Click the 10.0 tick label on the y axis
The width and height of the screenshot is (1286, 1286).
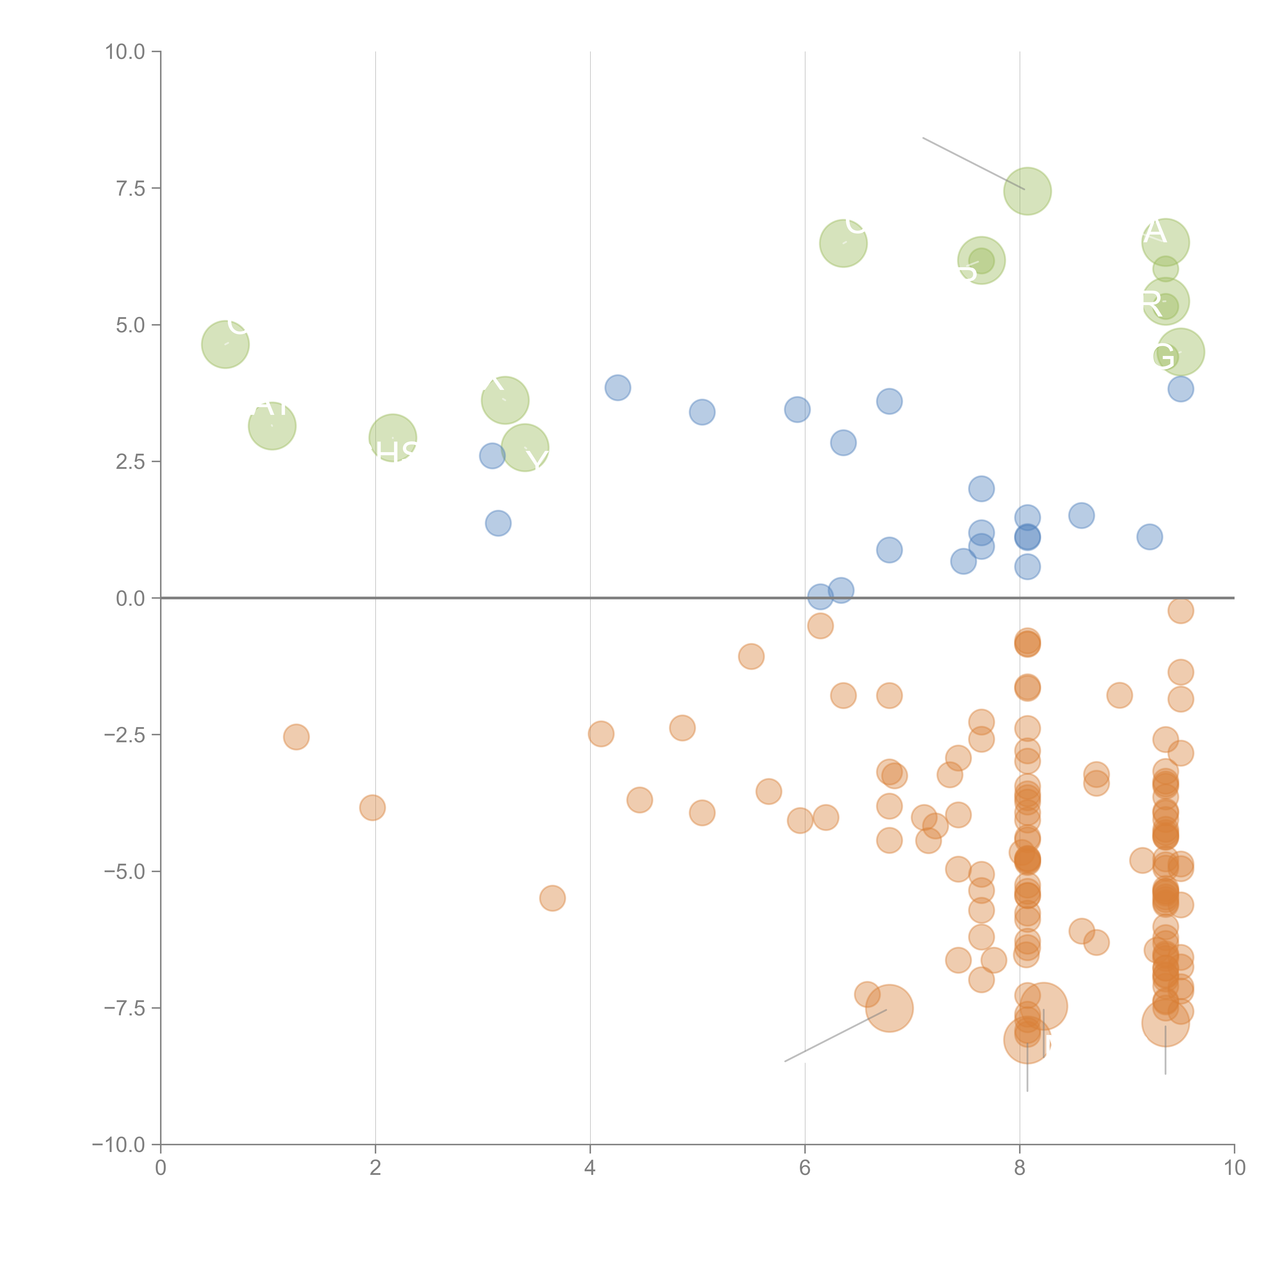125,52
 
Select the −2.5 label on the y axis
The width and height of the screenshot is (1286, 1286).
125,735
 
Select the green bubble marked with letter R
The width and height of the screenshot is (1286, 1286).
1166,301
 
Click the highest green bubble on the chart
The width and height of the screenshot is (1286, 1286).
1027,191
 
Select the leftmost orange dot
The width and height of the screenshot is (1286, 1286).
296,737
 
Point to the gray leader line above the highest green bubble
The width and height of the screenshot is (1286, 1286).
972,163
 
